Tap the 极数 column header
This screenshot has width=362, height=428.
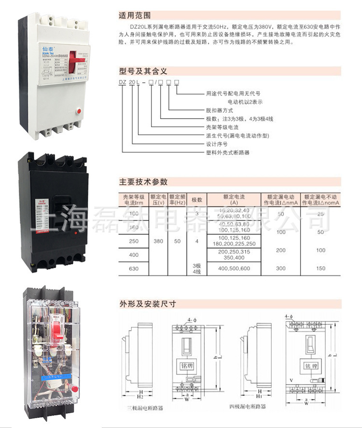tap(196, 200)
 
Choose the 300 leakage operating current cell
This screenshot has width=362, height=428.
tap(281, 268)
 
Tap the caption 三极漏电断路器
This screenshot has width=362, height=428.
tap(145, 408)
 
